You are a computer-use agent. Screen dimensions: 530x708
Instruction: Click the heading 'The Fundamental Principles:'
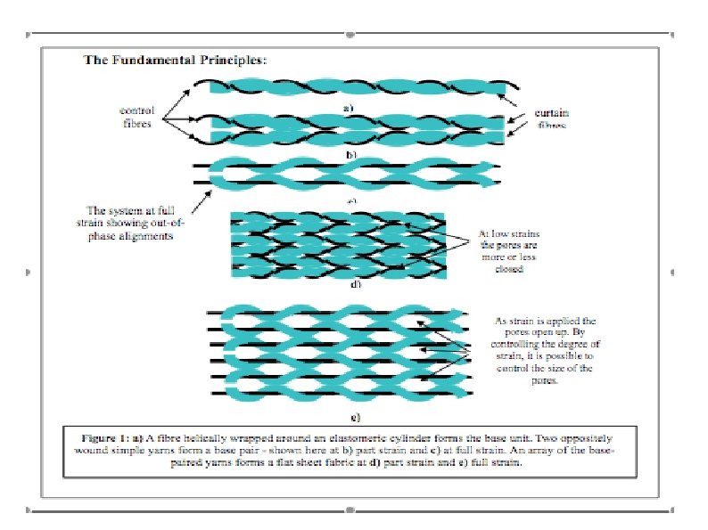(x=175, y=61)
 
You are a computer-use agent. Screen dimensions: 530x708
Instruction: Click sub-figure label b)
(x=350, y=154)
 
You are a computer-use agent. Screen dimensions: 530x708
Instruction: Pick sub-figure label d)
(x=355, y=284)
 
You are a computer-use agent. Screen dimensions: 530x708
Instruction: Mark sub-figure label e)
(x=355, y=416)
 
